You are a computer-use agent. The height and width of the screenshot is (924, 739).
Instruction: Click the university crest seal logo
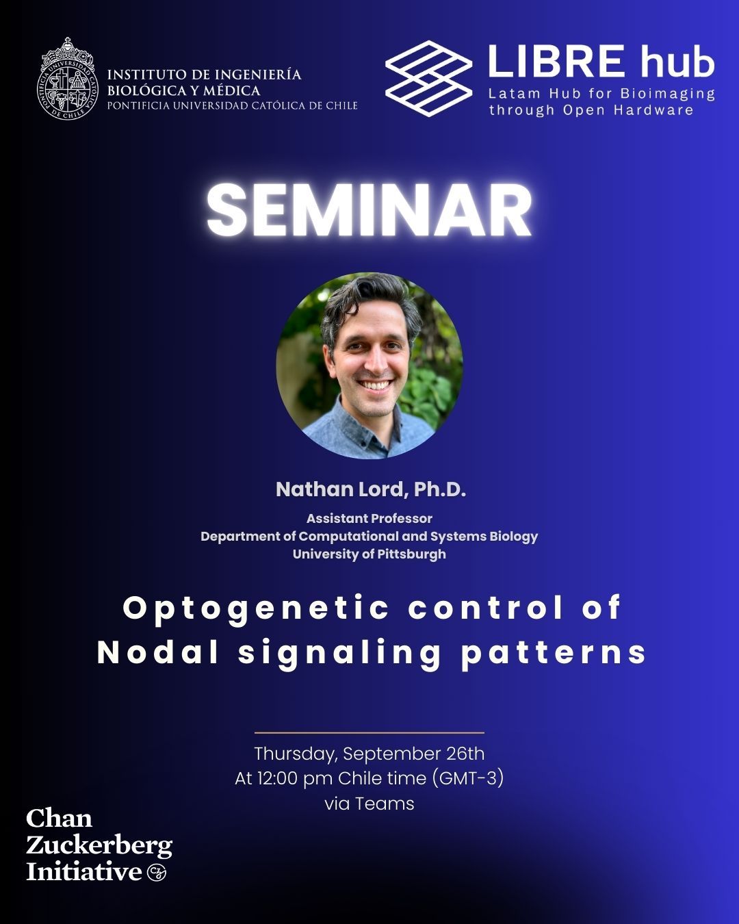tap(67, 79)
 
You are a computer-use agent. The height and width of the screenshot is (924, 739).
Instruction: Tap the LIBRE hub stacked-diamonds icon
tap(429, 77)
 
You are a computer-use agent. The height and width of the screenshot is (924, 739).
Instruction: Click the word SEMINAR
tap(369, 210)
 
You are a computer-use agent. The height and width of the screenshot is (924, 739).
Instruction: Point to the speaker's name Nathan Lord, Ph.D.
tap(370, 489)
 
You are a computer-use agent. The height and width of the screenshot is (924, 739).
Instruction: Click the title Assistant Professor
tap(369, 518)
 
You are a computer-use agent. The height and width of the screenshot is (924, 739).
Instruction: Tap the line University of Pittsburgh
tap(369, 554)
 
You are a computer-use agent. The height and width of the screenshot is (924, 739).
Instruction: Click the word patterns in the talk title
tap(554, 652)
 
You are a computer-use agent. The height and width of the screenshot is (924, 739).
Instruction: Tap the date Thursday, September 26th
tap(369, 754)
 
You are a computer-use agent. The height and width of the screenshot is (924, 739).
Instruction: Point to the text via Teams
tap(369, 803)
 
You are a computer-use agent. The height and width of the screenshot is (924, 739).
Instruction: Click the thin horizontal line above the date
tap(369, 732)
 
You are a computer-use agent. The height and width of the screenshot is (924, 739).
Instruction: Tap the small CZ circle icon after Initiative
tap(157, 873)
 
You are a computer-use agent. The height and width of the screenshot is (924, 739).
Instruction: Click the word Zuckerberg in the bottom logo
tap(99, 846)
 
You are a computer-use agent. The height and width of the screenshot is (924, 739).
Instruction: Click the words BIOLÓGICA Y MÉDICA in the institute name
tap(183, 90)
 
